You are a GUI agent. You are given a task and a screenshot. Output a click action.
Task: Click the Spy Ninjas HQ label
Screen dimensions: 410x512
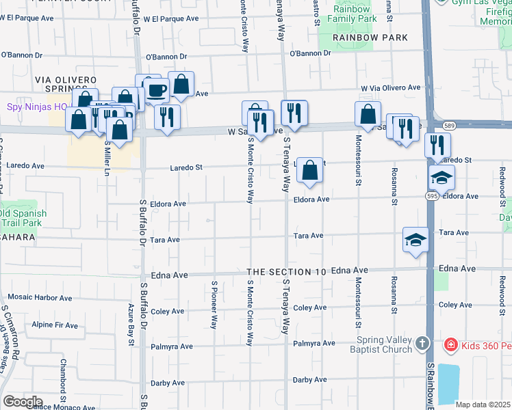point(29,107)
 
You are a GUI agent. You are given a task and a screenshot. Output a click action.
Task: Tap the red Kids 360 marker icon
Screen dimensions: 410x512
point(451,346)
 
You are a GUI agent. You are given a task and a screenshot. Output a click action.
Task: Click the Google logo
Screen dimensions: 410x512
point(22,402)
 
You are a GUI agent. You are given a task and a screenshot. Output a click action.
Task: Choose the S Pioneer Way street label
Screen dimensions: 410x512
point(214,305)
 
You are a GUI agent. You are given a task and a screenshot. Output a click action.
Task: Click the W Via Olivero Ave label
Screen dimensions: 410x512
point(391,87)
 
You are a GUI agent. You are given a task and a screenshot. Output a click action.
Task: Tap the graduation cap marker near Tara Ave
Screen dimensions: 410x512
point(414,240)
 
